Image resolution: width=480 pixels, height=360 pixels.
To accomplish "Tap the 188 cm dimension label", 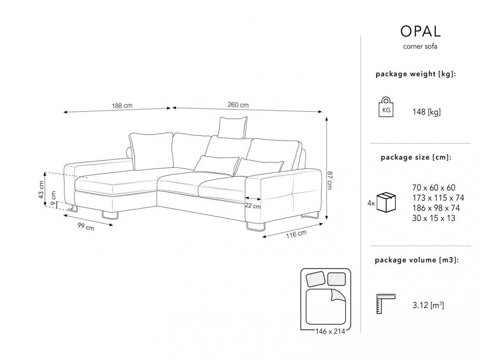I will coord(122,106).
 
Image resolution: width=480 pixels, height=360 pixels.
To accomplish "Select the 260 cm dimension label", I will coord(238,105).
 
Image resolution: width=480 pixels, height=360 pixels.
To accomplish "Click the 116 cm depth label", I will coord(297,234).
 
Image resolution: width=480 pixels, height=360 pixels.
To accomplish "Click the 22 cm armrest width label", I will coord(253,206).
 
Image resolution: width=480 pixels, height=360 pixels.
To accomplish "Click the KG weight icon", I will coord(386,108).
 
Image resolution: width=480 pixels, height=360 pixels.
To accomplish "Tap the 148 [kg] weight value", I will coord(426,112).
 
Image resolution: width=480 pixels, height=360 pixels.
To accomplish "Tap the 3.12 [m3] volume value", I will coord(428,305).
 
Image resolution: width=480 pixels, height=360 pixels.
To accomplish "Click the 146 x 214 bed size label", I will coord(330,332).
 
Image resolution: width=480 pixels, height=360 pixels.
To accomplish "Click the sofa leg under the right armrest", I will coord(255,227).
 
